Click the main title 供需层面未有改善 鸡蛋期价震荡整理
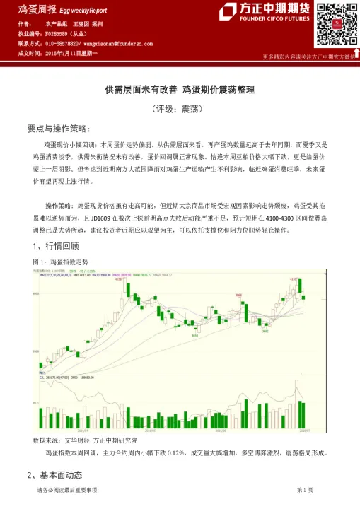180,90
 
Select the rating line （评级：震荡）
180,110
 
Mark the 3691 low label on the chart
266,329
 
